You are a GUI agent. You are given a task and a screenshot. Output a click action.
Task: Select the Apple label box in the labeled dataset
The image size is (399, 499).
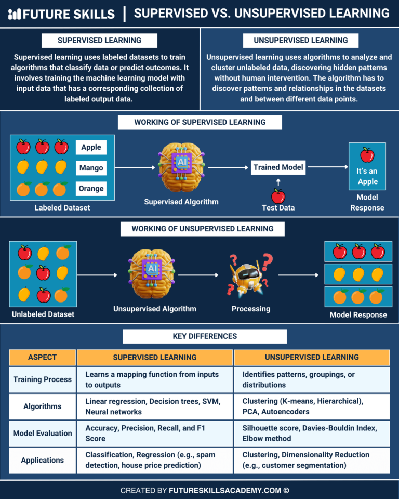pos(91,147)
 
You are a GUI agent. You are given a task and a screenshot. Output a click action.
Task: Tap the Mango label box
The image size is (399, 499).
pos(91,168)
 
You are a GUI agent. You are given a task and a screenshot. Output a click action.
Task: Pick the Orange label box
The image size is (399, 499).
pos(91,189)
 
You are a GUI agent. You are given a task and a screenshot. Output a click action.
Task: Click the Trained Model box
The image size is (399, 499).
pos(278,167)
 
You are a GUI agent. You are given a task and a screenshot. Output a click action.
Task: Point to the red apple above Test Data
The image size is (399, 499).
pos(278,196)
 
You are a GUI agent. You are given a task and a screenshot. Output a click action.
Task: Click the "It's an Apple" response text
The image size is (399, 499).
pos(367,176)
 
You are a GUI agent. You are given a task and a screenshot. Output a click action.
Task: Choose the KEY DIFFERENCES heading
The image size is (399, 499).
pos(204,336)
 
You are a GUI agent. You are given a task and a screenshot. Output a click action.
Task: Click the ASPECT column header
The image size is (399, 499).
pos(43,358)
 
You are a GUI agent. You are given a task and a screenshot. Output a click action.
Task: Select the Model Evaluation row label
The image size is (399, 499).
pos(43,434)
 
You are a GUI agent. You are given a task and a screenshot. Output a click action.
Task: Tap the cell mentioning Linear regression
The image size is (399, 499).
pos(155,406)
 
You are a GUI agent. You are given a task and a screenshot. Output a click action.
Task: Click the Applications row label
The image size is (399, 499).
pos(43,460)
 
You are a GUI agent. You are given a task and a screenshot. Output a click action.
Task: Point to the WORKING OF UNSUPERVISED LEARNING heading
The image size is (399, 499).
pos(202,229)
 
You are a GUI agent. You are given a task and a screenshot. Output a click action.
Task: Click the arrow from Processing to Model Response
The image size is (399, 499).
pos(298,275)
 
